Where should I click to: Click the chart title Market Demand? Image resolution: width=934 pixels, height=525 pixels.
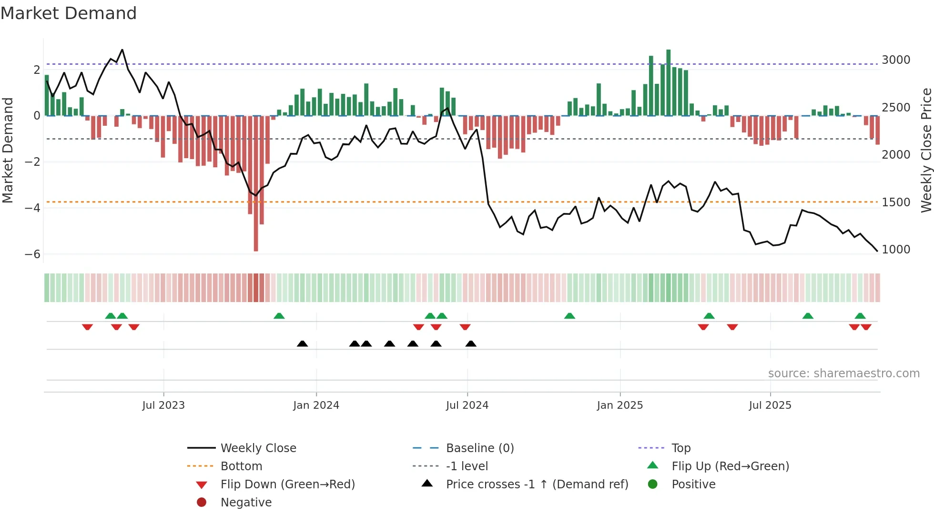[69, 13]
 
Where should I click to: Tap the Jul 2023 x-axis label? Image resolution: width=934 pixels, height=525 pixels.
[163, 405]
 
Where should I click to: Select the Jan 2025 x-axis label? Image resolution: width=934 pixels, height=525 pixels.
[619, 405]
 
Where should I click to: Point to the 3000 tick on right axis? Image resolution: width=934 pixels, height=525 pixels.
[896, 60]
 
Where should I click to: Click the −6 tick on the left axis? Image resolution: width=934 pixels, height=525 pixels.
[33, 254]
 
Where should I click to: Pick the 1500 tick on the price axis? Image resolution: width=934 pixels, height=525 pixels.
[896, 202]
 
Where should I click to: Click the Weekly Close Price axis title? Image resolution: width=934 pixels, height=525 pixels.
[926, 150]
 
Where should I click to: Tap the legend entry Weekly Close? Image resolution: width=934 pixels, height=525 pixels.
[258, 448]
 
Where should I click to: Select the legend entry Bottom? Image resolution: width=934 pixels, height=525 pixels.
[241, 466]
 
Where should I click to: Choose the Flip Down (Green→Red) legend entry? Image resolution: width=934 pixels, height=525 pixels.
[287, 485]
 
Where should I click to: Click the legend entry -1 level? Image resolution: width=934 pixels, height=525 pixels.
[467, 466]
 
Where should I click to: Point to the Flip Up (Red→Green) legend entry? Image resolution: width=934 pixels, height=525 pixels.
[730, 466]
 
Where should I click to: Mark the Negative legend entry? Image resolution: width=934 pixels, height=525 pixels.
[246, 503]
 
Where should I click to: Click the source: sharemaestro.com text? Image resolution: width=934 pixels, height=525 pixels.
[843, 374]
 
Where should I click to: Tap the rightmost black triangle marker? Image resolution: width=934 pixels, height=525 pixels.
[471, 344]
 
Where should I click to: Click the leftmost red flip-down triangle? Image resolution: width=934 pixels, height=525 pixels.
[87, 327]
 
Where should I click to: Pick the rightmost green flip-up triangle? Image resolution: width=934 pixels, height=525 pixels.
[860, 316]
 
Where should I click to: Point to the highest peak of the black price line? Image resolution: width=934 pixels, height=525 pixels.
[122, 50]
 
